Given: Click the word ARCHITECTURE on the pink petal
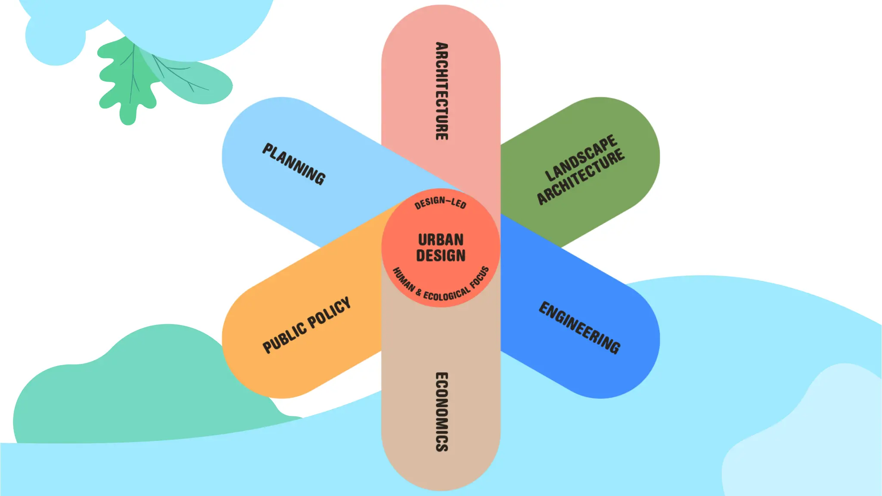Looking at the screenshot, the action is (441, 91).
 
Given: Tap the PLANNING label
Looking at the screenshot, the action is (294, 164).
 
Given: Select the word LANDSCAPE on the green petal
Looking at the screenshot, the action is (581, 158).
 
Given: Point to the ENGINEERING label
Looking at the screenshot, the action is (580, 328).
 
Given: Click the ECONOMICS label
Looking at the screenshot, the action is (441, 412).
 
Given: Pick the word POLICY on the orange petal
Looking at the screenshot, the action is (329, 311).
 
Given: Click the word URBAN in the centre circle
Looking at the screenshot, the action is (441, 239).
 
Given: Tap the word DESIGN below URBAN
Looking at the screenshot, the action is (441, 256).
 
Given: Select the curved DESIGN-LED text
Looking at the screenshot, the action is (440, 202).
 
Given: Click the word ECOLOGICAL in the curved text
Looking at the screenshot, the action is (447, 294).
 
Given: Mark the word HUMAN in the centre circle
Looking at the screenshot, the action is (404, 280).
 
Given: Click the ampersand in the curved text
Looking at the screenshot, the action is (419, 292).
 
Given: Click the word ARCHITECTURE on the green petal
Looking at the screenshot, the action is (581, 177).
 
